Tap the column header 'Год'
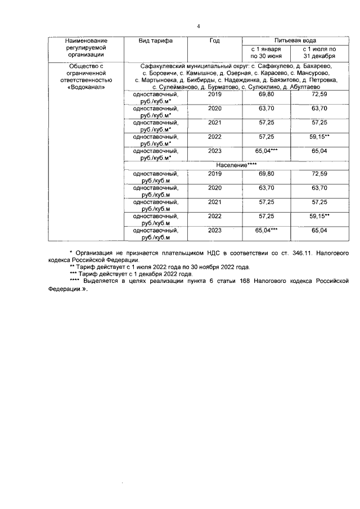214,41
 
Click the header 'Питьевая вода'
290,41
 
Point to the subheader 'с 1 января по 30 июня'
266,53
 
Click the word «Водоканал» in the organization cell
84,88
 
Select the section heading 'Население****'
236,167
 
